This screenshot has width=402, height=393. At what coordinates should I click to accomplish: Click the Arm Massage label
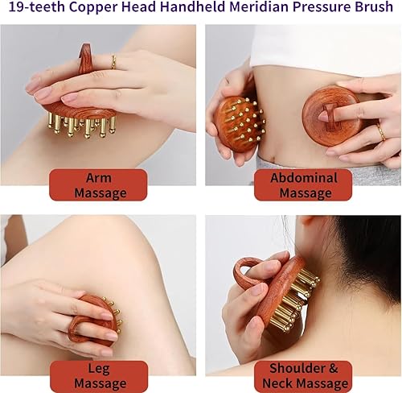(100, 184)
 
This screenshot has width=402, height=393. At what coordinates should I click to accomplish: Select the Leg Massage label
(100, 375)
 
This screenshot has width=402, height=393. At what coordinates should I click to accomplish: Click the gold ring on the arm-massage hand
(113, 62)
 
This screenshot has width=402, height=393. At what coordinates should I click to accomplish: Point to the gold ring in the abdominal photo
(380, 130)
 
